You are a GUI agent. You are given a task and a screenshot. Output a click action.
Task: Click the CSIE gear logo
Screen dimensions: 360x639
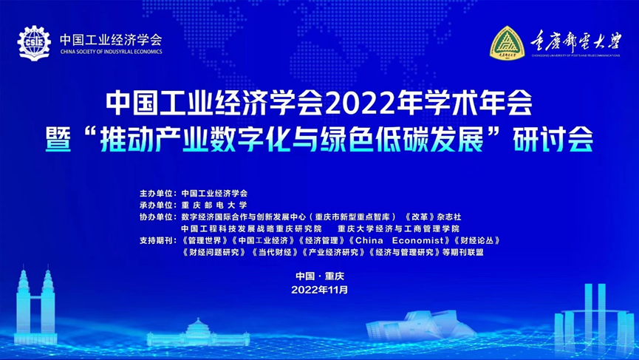coord(33,42)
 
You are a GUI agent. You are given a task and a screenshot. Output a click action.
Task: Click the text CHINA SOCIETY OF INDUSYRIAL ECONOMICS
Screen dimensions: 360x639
coord(110,52)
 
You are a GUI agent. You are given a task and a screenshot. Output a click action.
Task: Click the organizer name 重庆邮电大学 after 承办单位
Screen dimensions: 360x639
coord(214,205)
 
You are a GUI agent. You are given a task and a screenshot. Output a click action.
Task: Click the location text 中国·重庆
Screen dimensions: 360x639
coord(319,276)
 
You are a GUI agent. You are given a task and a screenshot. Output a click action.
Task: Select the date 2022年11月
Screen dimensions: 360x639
coord(319,290)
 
